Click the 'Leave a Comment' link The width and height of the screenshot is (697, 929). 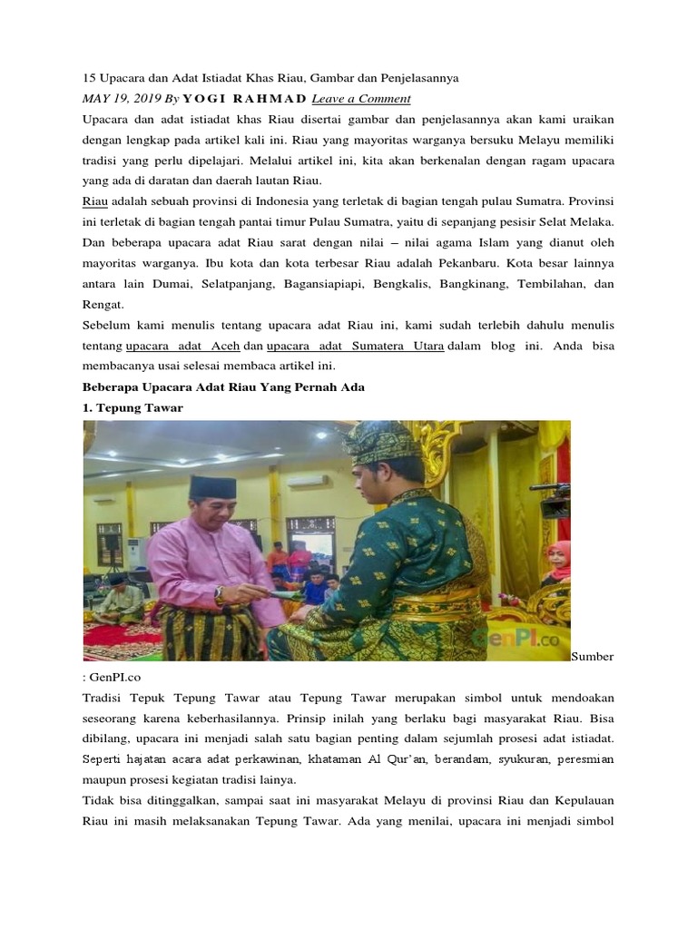(x=361, y=99)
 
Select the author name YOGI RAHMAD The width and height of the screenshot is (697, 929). (x=245, y=99)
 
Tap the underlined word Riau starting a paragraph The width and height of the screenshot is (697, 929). (x=95, y=200)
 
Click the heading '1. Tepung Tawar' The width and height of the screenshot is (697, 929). (x=133, y=408)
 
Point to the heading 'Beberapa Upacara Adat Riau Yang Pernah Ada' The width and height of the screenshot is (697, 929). (x=223, y=387)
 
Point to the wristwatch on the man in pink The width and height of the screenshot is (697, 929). (x=220, y=594)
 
